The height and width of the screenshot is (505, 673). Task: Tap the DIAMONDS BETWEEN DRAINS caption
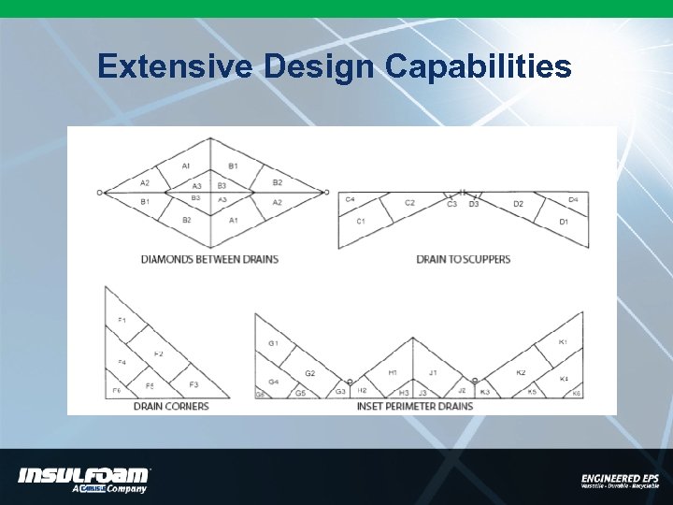pos(209,259)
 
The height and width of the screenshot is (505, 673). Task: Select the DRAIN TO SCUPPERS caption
pos(464,259)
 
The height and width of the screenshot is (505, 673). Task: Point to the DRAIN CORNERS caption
pos(171,406)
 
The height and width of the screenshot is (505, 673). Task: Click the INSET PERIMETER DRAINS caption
pos(415,406)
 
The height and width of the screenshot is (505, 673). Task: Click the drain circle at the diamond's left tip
pos(99,193)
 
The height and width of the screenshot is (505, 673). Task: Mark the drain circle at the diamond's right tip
pos(326,193)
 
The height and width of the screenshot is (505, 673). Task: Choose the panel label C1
pos(361,221)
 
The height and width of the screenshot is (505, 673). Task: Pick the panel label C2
pos(409,203)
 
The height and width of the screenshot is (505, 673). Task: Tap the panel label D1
pos(564,222)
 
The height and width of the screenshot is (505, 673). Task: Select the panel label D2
pos(518,204)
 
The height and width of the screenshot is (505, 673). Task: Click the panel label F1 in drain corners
pos(122,321)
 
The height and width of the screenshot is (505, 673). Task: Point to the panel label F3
pos(193,384)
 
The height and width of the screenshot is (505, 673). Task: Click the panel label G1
pos(273,344)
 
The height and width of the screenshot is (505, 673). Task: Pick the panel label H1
pos(394,372)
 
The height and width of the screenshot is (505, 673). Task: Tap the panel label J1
pos(432,372)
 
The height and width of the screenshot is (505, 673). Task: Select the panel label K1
pos(563,342)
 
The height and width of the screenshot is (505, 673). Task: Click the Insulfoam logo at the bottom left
pos(84,478)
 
